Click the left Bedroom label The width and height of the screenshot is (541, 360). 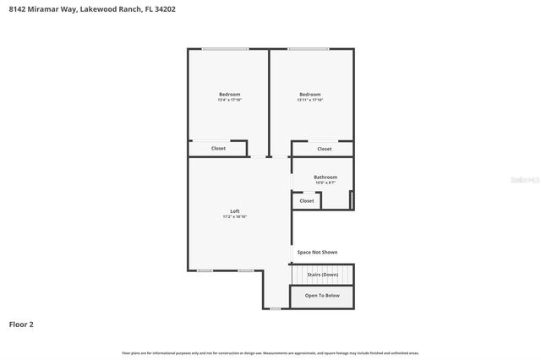click(229, 94)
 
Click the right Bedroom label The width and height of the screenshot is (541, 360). click(310, 94)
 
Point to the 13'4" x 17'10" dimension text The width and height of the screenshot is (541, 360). click(229, 100)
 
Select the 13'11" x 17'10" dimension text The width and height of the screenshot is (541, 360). click(310, 100)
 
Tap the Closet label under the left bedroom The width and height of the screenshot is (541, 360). click(218, 149)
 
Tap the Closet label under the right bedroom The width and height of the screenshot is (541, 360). click(325, 149)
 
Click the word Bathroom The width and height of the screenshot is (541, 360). click(325, 177)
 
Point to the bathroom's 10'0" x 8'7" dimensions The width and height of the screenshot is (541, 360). click(325, 183)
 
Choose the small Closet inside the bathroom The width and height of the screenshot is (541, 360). click(307, 201)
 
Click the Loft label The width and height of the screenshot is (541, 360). click(235, 210)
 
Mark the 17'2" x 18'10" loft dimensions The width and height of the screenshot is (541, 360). click(235, 216)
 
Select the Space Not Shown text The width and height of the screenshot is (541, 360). click(317, 252)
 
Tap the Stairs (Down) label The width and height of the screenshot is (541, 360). click(323, 275)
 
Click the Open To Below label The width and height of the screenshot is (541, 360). click(322, 296)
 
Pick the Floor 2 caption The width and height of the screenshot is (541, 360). click(21, 324)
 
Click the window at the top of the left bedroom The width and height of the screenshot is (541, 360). click(225, 49)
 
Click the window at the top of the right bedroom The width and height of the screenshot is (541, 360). click(308, 49)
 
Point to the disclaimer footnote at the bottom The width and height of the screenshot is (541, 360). click(270, 352)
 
